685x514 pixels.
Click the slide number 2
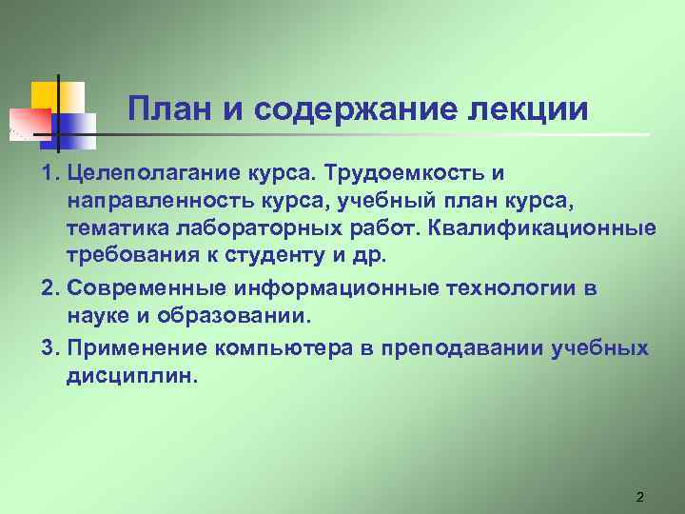tap(639, 497)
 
